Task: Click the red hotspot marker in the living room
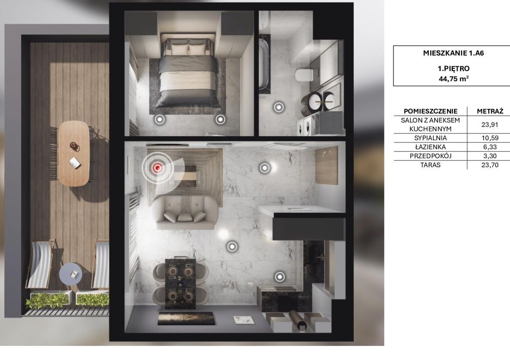[x=158, y=168]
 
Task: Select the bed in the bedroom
[x=189, y=73]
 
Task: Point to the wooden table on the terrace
[x=74, y=153]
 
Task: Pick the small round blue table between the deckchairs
[x=71, y=274]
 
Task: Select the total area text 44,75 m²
[x=453, y=78]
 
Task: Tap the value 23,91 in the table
[x=490, y=125]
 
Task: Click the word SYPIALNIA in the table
[x=430, y=138]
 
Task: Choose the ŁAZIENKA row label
[x=430, y=147]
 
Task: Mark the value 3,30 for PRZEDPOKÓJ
[x=490, y=156]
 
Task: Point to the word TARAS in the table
[x=430, y=165]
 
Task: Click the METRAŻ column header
[x=490, y=111]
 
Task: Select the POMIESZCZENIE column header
[x=430, y=111]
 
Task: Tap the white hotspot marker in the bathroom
[x=279, y=107]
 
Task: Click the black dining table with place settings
[x=181, y=283]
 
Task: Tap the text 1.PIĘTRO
[x=453, y=69]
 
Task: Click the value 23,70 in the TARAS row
[x=490, y=165]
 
